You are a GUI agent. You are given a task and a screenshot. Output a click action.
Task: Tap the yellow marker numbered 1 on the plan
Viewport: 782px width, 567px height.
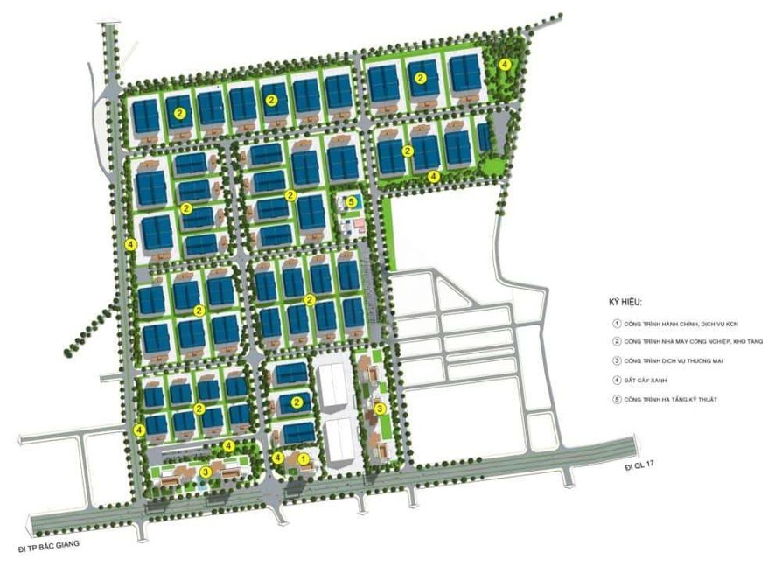coord(303,458)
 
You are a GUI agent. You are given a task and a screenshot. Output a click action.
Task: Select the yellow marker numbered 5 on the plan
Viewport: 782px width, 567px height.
coord(352,201)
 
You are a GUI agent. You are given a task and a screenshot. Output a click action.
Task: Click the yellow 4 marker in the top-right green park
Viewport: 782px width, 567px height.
coord(506,64)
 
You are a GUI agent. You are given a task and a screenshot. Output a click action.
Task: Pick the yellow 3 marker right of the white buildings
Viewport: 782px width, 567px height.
coord(379,409)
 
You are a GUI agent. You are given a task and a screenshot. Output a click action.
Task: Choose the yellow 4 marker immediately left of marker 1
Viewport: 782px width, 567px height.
coord(278,458)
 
